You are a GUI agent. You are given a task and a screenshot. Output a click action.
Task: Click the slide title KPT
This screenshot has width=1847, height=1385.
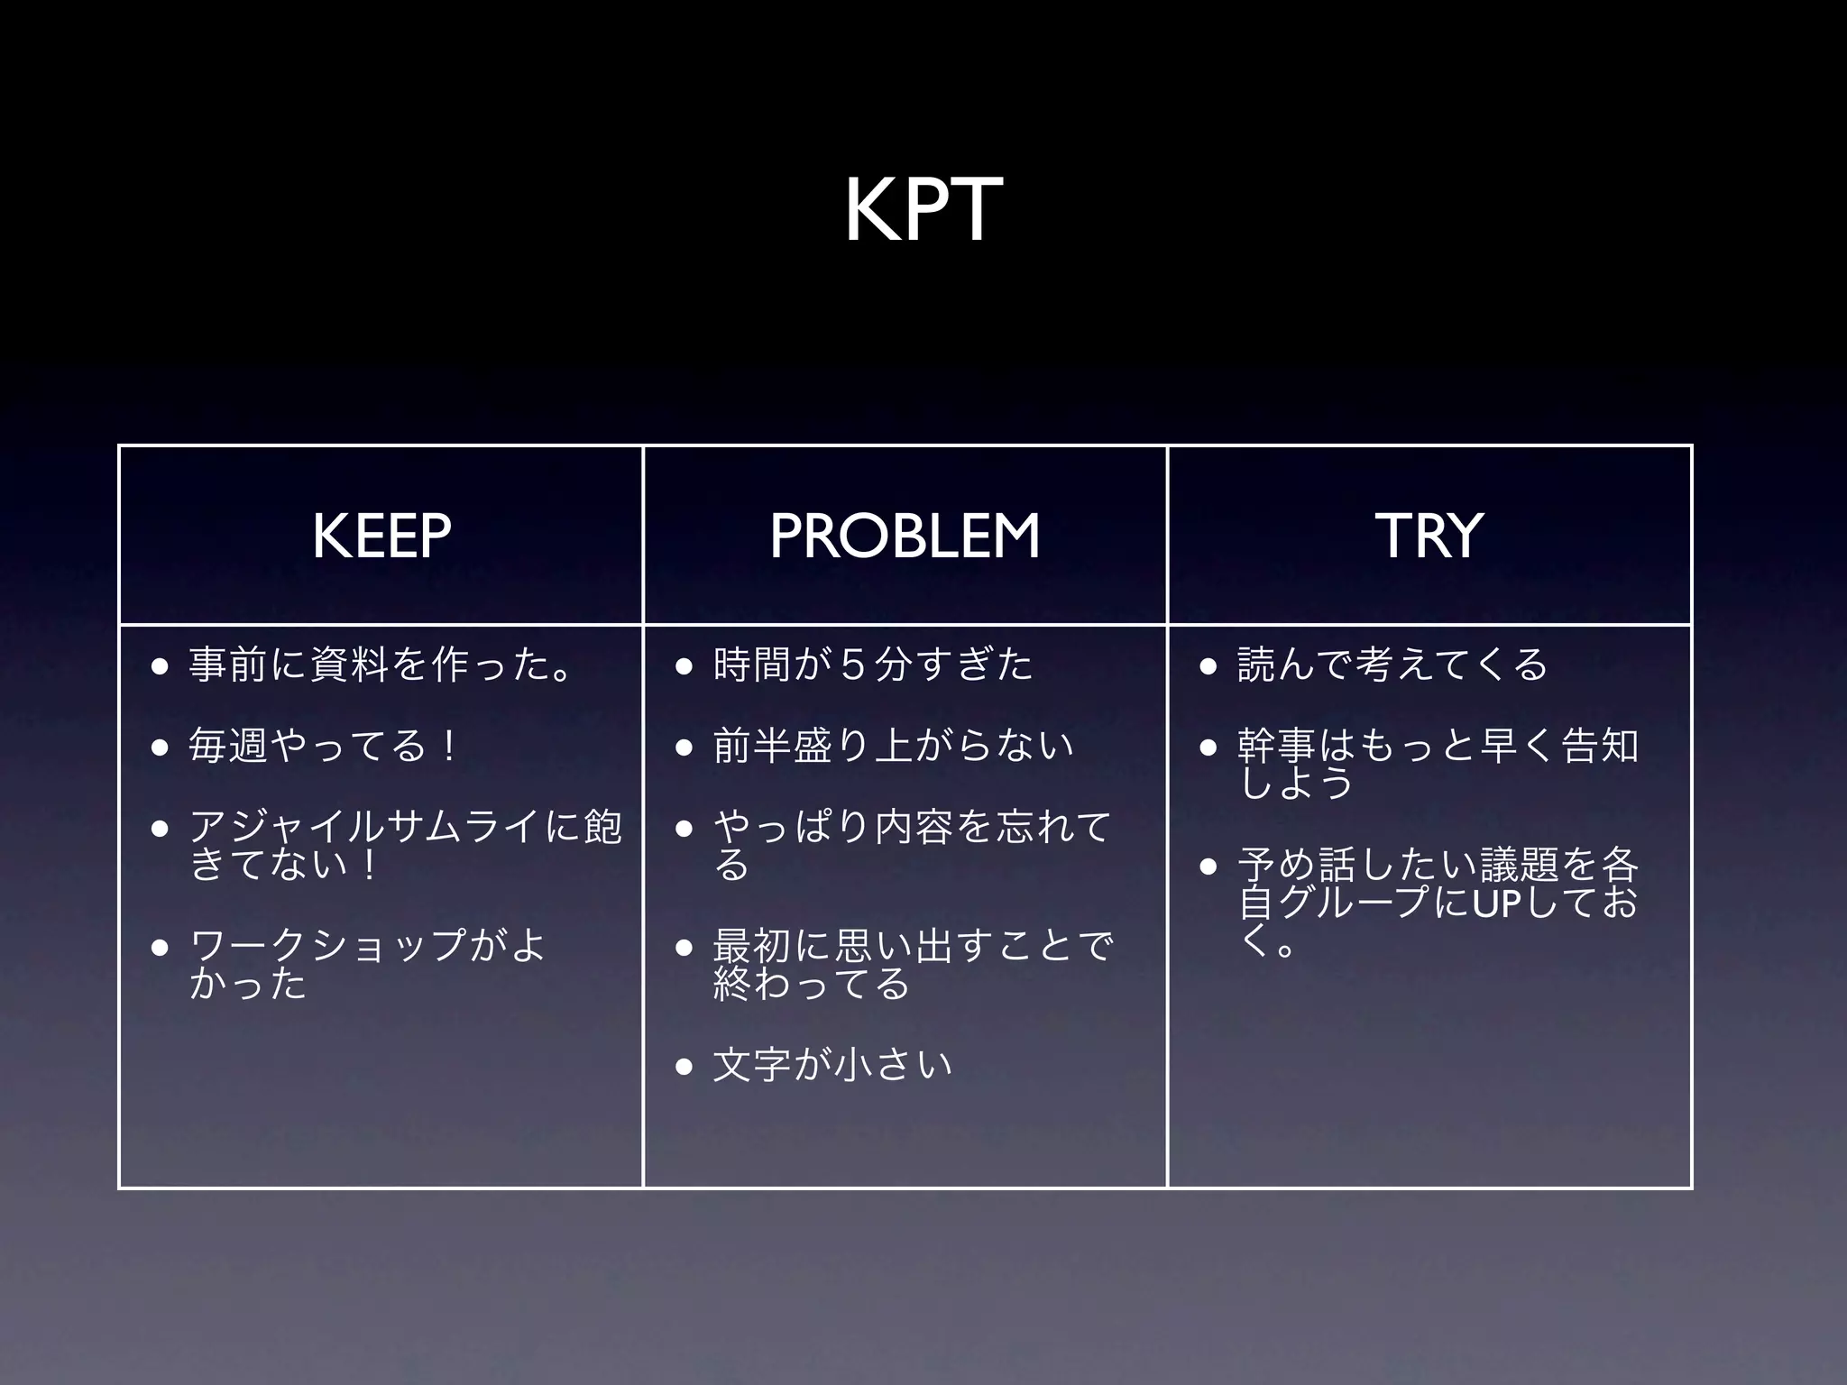(x=923, y=210)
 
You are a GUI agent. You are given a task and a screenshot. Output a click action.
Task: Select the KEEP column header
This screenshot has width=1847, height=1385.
(x=381, y=536)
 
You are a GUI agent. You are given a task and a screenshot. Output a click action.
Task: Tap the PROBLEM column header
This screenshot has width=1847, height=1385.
(x=905, y=536)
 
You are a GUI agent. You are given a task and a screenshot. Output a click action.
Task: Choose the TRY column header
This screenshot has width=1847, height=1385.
(x=1429, y=536)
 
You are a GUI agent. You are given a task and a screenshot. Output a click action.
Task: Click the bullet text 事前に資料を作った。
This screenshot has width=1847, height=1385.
(x=379, y=665)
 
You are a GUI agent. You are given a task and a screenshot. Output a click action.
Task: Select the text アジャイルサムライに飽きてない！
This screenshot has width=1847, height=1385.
(x=405, y=845)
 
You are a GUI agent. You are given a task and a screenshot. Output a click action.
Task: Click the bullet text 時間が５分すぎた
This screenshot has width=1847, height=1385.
(x=872, y=665)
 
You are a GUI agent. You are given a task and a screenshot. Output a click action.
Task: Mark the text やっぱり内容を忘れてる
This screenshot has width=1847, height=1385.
(x=911, y=845)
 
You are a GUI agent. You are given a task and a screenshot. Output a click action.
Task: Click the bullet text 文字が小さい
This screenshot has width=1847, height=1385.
(x=832, y=1065)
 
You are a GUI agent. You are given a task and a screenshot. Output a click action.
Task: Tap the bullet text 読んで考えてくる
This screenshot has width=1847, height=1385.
(x=1392, y=665)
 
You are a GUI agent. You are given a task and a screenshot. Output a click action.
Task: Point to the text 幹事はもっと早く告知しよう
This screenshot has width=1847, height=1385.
(x=1438, y=764)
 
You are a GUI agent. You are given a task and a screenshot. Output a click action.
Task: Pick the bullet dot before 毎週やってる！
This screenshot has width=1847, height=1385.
(x=161, y=748)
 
